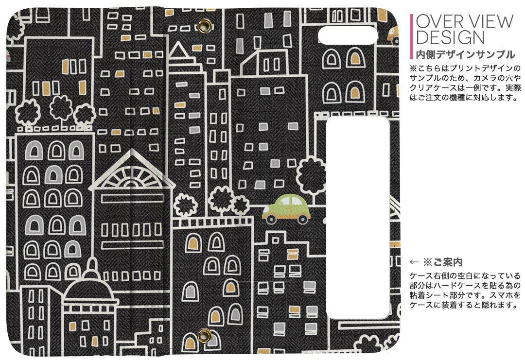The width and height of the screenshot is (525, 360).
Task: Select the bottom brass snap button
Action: pyautogui.click(x=204, y=335)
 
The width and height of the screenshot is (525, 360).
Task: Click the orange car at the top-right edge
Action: pyautogui.click(x=393, y=35)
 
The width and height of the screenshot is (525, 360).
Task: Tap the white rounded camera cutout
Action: pyautogui.click(x=348, y=35)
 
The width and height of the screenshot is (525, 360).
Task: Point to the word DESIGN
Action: pyautogui.click(x=450, y=37)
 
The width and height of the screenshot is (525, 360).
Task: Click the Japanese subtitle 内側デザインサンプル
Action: pyautogui.click(x=465, y=54)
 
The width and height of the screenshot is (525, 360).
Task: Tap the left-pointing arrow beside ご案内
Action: pyautogui.click(x=414, y=262)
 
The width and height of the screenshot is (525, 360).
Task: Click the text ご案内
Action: pyautogui.click(x=448, y=262)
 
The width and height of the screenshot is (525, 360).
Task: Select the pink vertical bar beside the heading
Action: pyautogui.click(x=412, y=36)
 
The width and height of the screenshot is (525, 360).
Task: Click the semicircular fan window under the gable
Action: pyautogui.click(x=133, y=177)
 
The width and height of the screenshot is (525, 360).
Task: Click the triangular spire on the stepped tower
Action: pyautogui.click(x=179, y=50)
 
